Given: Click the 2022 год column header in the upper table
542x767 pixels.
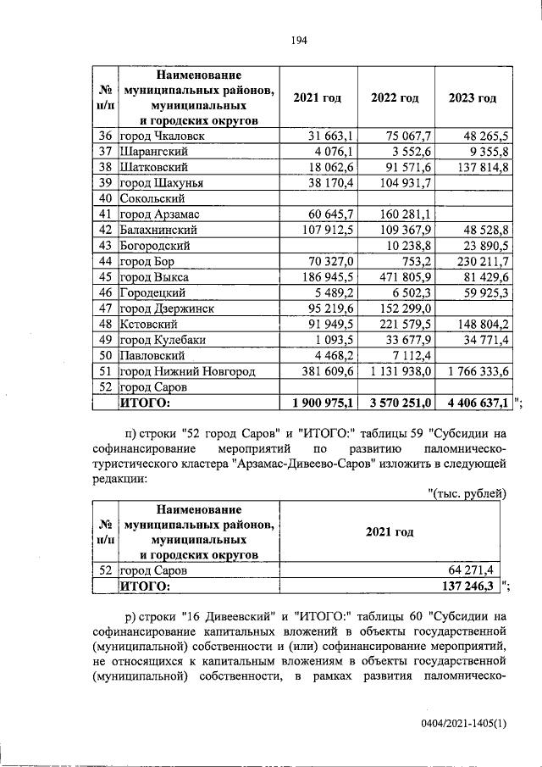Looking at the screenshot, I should click(395, 97).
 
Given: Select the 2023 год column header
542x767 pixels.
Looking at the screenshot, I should click(473, 97).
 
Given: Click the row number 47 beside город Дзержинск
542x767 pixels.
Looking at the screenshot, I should click(106, 308).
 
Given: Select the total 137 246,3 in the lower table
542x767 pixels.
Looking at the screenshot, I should click(469, 586).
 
